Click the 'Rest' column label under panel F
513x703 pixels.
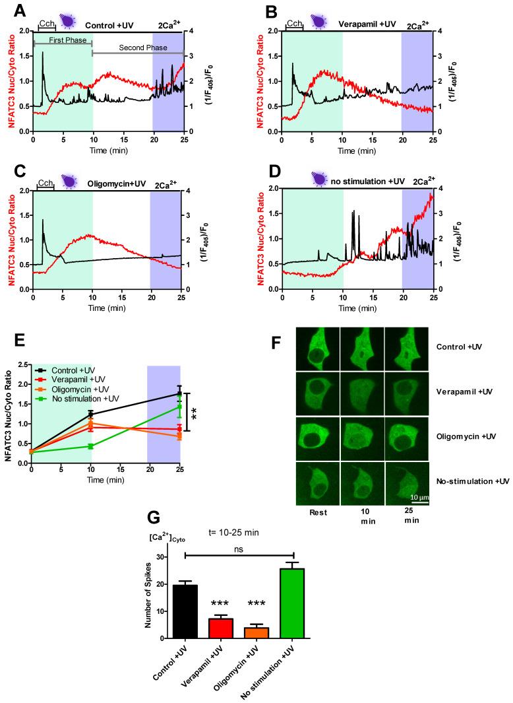pyautogui.click(x=317, y=511)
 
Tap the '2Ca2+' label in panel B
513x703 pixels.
pyautogui.click(x=416, y=26)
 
